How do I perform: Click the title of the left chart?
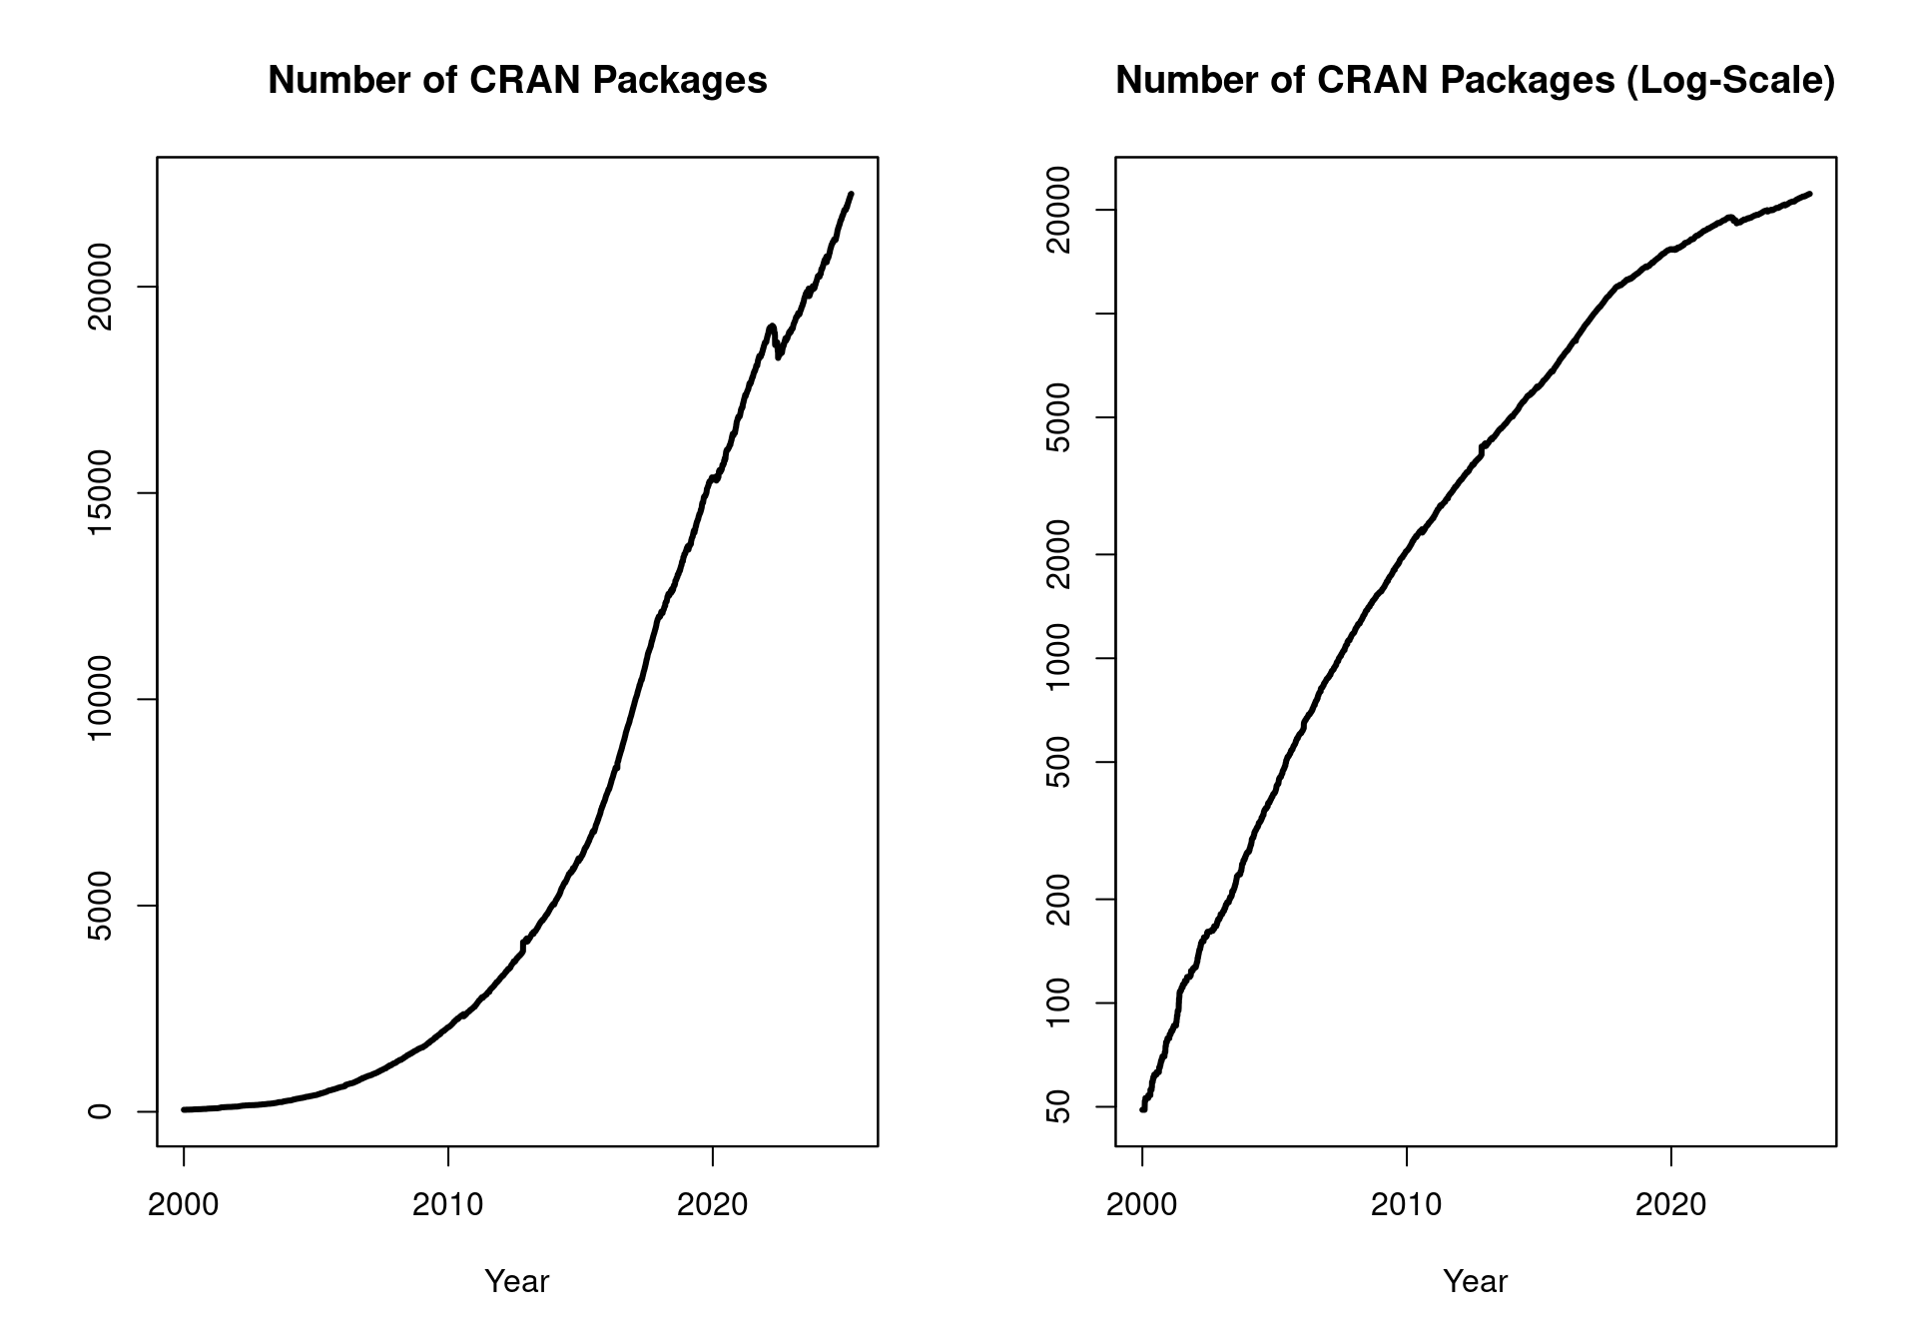[517, 80]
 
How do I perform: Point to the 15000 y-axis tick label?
[100, 493]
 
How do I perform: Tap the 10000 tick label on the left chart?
[100, 699]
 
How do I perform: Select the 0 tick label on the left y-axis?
[100, 1110]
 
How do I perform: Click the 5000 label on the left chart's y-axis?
[100, 906]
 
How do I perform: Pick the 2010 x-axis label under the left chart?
[447, 1204]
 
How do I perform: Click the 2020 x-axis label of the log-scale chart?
[1670, 1204]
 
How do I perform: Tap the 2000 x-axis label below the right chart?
[1142, 1204]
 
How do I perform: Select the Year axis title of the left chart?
[517, 1281]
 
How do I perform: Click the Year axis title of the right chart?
[1476, 1281]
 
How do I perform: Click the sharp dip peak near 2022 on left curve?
[771, 326]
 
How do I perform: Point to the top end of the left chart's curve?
[851, 194]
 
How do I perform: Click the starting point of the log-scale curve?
[1143, 1108]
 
